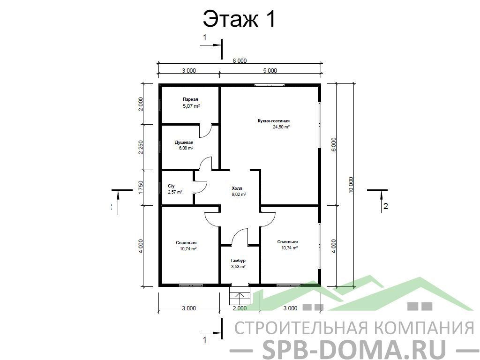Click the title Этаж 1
pyautogui.click(x=240, y=19)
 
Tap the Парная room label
pyautogui.click(x=190, y=99)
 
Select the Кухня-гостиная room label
pyautogui.click(x=274, y=121)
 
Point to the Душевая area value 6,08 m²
pyautogui.click(x=186, y=148)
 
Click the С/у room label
pyautogui.click(x=171, y=186)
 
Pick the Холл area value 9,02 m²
pyautogui.click(x=239, y=194)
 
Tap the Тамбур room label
pyautogui.click(x=238, y=261)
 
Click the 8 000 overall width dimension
pyautogui.click(x=240, y=60)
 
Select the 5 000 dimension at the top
pyautogui.click(x=270, y=70)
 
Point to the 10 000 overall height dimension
pyautogui.click(x=351, y=185)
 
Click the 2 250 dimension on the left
pyautogui.click(x=141, y=147)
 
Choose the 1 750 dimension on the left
pyautogui.click(x=141, y=187)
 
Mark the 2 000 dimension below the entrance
pyautogui.click(x=240, y=308)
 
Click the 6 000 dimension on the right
pyautogui.click(x=334, y=144)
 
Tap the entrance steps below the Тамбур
pyautogui.click(x=240, y=296)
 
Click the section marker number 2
pyautogui.click(x=386, y=206)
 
